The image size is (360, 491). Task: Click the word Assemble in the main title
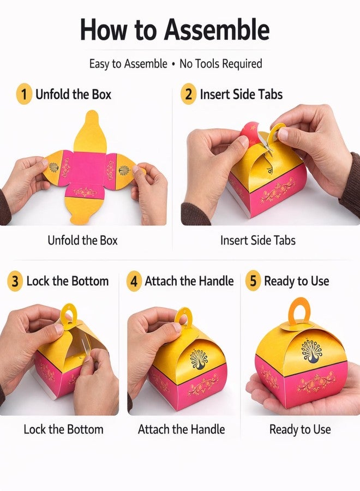[x=217, y=29]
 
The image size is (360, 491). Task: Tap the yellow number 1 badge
[x=24, y=94]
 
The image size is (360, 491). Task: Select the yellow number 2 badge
[x=188, y=94]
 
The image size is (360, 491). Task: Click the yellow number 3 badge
[x=15, y=281]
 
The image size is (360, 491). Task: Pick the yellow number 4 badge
[x=134, y=281]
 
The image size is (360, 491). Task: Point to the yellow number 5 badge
[x=253, y=280]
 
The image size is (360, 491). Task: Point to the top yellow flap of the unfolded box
[x=90, y=131]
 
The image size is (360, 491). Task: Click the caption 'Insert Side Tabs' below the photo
[x=258, y=241]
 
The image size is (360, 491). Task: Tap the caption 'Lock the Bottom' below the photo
[x=64, y=429]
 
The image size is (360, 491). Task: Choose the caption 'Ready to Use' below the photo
[x=300, y=429]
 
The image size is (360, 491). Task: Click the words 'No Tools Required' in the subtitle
[x=221, y=64]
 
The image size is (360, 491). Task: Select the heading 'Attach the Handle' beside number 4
[x=189, y=281]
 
